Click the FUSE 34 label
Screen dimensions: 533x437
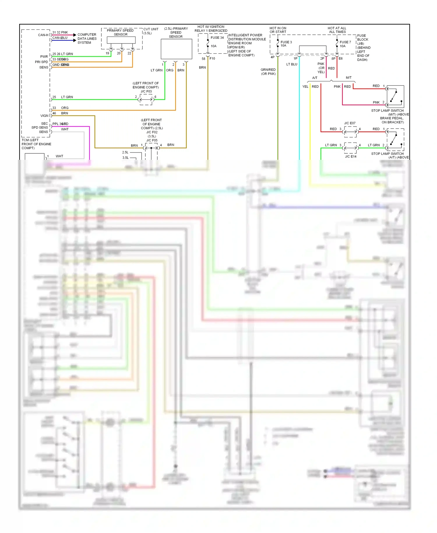[x=217, y=38]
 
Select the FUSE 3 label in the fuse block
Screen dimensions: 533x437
[x=286, y=42]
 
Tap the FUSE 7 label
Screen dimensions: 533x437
[x=345, y=42]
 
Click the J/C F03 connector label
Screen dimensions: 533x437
[x=146, y=91]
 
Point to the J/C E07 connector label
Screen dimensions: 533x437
[x=350, y=123]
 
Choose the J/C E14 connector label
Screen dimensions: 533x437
[x=350, y=157]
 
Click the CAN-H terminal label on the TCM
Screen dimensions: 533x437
[x=43, y=35]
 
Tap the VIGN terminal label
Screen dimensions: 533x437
[x=44, y=116]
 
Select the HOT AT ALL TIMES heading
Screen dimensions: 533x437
[x=337, y=30]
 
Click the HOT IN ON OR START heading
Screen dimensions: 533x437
[x=278, y=30]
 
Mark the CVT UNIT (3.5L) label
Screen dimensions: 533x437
[x=151, y=31]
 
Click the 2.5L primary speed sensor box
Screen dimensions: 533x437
[x=176, y=49]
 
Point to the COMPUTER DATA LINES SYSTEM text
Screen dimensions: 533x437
[x=87, y=38]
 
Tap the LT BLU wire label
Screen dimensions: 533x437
[x=292, y=64]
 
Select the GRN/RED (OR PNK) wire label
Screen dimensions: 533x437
[x=268, y=72]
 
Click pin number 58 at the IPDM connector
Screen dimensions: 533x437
[x=203, y=59]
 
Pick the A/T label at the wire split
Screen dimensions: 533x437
[x=315, y=78]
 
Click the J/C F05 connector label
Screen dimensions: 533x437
[x=152, y=140]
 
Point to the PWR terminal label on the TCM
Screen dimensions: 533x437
[x=44, y=57]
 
